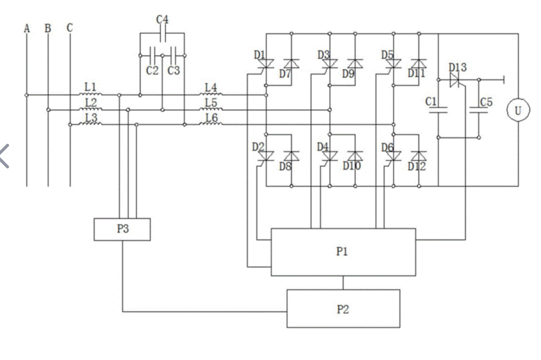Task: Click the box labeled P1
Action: click(x=343, y=252)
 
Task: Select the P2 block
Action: click(x=343, y=308)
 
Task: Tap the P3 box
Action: click(x=122, y=229)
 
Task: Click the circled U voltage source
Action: click(x=518, y=110)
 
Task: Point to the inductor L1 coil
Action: click(x=90, y=95)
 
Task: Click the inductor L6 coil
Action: click(x=211, y=124)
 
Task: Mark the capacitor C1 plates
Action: click(x=438, y=110)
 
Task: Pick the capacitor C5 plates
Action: click(x=479, y=110)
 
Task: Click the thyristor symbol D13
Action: click(x=456, y=80)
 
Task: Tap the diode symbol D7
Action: click(x=291, y=64)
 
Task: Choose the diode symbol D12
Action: click(x=419, y=156)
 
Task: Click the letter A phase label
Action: click(x=27, y=28)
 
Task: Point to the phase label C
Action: click(x=70, y=28)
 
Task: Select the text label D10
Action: click(x=351, y=166)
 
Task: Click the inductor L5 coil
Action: click(x=211, y=110)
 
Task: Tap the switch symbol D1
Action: click(x=266, y=64)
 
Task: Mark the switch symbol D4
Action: click(x=329, y=156)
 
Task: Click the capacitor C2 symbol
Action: click(x=152, y=56)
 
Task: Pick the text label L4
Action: click(x=211, y=87)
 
